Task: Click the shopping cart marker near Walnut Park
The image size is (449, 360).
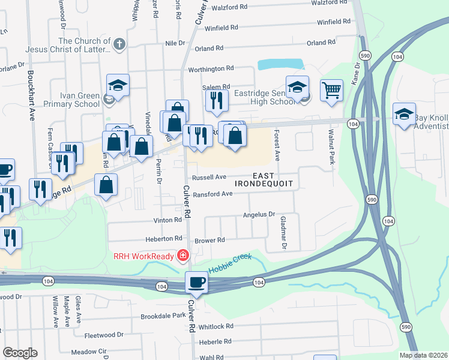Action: [x=331, y=91]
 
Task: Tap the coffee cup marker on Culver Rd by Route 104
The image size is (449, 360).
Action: [x=196, y=281]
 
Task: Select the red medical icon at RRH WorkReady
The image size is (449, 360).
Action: [x=182, y=256]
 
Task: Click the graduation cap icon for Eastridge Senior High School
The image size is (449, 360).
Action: [x=297, y=88]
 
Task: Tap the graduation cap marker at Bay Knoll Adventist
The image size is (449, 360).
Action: [x=405, y=114]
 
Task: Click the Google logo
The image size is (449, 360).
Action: [x=19, y=353]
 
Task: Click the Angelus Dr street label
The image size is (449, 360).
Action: [x=258, y=214]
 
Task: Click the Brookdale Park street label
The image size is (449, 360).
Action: [x=163, y=316]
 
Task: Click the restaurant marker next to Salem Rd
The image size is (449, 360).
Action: [x=216, y=100]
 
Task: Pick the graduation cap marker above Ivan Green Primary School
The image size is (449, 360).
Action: [x=118, y=85]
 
